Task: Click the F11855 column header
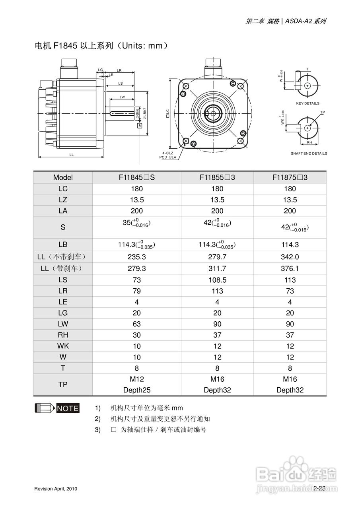[x=217, y=177]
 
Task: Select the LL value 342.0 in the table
[x=290, y=257]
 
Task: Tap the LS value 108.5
[x=217, y=280]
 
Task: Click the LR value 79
[x=136, y=291]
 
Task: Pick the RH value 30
[x=136, y=335]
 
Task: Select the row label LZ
[x=63, y=200]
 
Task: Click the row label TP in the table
[x=63, y=385]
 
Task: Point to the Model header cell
[x=63, y=177]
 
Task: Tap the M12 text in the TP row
[x=136, y=379]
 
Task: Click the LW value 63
[x=136, y=324]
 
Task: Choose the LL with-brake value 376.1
[x=290, y=268]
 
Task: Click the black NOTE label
[x=68, y=408]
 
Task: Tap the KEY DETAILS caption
[x=307, y=103]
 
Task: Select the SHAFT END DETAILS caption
[x=309, y=153]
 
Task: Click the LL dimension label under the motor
[x=72, y=154]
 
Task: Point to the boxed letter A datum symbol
[x=140, y=126]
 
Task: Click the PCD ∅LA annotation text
[x=168, y=157]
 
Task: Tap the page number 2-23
[x=319, y=488]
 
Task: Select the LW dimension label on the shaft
[x=122, y=97]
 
